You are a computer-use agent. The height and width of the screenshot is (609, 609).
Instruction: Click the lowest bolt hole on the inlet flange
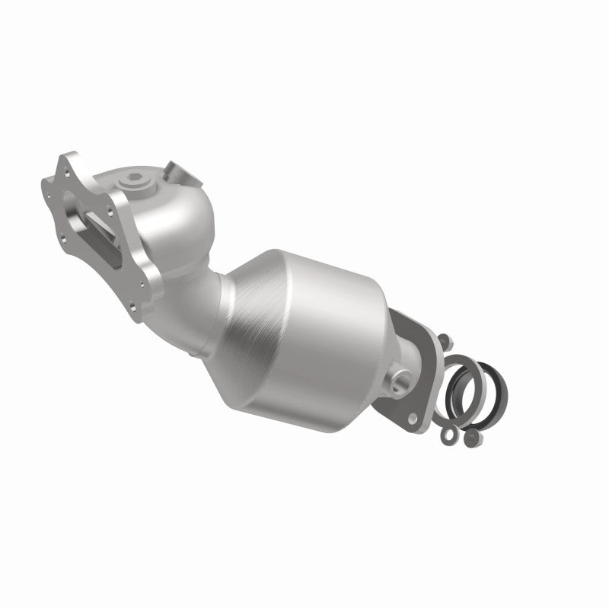pos(134,310)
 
